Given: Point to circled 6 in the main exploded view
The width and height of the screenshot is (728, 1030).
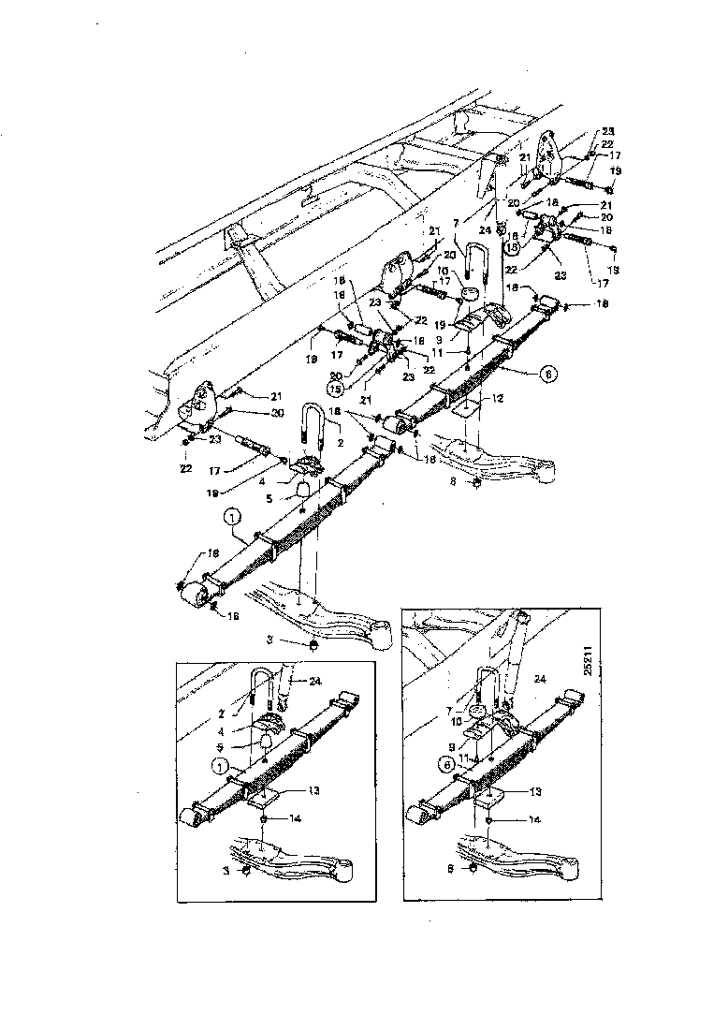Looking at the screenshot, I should point(547,372).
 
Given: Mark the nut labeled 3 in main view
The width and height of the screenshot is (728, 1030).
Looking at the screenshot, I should point(313,645).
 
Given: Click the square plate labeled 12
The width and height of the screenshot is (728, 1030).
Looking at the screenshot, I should point(463,409).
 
